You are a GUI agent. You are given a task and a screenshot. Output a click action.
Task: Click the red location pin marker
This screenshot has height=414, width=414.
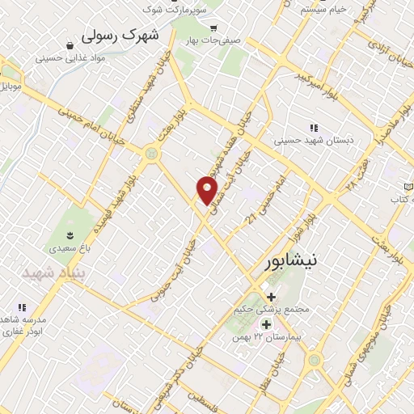[208, 191]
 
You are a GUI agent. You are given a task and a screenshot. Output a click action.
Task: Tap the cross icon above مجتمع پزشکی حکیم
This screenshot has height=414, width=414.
[272, 297]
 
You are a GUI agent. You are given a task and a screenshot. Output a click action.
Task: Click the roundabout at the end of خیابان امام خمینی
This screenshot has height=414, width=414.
[150, 152]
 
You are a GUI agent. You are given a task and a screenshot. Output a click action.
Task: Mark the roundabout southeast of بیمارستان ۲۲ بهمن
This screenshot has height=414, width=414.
[314, 361]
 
